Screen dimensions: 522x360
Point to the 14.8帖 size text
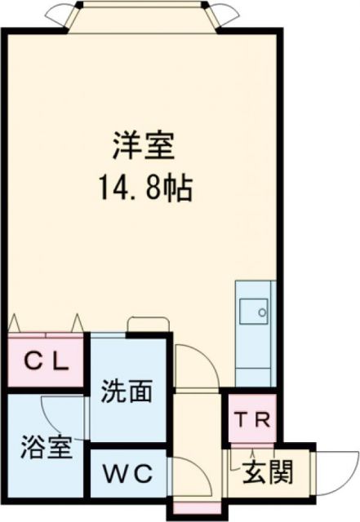(144, 190)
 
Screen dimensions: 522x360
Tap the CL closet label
(46, 361)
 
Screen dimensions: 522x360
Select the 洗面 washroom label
(127, 392)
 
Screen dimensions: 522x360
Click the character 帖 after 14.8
(181, 190)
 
